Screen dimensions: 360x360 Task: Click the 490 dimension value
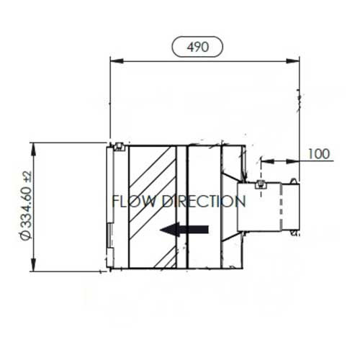click(198, 47)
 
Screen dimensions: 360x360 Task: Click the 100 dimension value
click(319, 154)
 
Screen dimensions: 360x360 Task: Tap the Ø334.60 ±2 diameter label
click(26, 205)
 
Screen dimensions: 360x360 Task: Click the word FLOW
click(134, 201)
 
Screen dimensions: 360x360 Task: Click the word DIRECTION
click(204, 201)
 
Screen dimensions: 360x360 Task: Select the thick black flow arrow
click(184, 230)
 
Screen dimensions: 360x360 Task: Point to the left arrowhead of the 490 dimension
click(117, 61)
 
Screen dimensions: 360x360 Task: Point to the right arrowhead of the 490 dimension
click(293, 61)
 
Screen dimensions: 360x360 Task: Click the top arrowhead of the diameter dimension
click(34, 150)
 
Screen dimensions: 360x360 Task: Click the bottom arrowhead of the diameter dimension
click(34, 265)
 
